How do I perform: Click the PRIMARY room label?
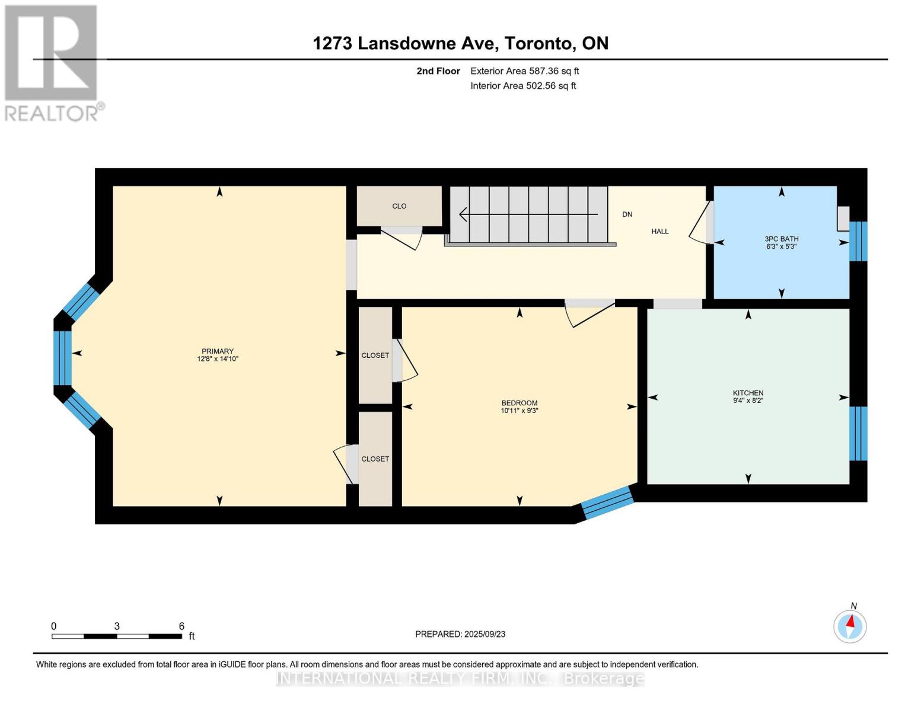[218, 351]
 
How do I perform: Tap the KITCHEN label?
[748, 393]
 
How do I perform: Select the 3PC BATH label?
[782, 239]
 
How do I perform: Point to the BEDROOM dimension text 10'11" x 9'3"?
[519, 411]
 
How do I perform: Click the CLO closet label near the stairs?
[399, 206]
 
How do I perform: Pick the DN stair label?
[627, 214]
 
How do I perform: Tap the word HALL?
[660, 231]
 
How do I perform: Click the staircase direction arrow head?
[463, 214]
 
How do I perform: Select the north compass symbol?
[850, 626]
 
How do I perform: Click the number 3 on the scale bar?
[117, 626]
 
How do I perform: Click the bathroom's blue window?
[859, 241]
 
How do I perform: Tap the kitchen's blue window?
[859, 433]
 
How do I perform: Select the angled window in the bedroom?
[607, 502]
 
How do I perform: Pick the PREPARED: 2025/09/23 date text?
[460, 635]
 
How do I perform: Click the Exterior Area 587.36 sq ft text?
[525, 71]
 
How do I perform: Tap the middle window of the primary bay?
[62, 358]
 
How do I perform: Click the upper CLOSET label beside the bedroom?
[375, 355]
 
